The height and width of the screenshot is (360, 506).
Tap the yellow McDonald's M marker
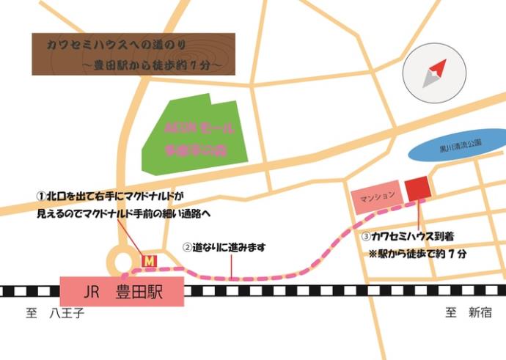click(149, 260)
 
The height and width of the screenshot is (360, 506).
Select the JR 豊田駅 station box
click(121, 292)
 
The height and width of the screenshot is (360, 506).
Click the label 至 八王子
click(56, 314)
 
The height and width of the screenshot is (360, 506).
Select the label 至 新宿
click(469, 313)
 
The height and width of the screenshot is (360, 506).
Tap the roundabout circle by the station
click(122, 260)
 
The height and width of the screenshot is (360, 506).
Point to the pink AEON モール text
click(200, 128)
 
